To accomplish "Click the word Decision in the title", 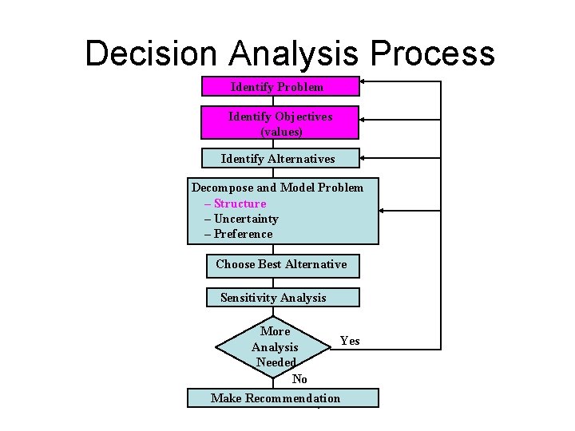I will (x=151, y=53).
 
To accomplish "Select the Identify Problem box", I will (x=280, y=86).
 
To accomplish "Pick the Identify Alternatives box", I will (x=280, y=159).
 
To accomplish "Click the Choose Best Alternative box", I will (x=282, y=265).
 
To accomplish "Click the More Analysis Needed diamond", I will (x=274, y=347).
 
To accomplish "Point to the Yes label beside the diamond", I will (x=350, y=341).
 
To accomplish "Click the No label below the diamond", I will (x=299, y=379).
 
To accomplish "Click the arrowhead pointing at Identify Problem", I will (x=365, y=81).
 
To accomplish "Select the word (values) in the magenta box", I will (x=281, y=131).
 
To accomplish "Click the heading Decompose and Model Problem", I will (x=277, y=188).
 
